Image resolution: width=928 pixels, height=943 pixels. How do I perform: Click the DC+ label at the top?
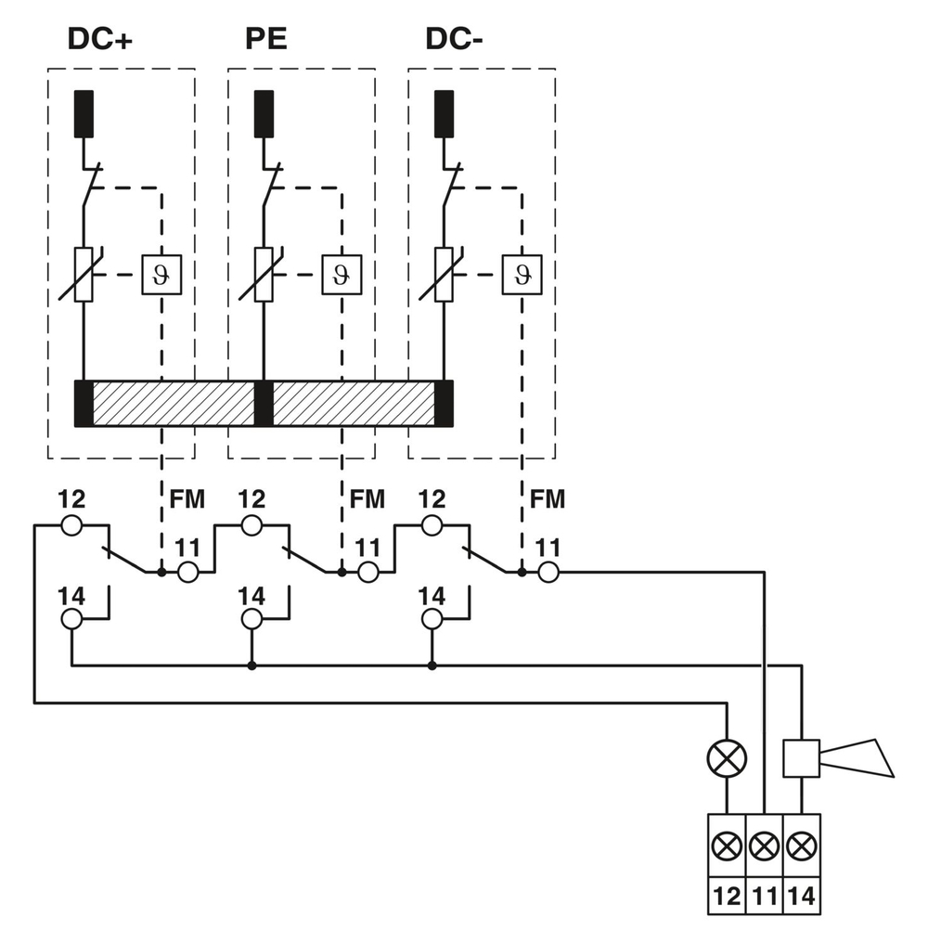pyautogui.click(x=99, y=39)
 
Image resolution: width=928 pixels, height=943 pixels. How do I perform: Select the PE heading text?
pyautogui.click(x=265, y=39)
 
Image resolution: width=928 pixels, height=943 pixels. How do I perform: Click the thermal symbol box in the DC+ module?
pyautogui.click(x=161, y=275)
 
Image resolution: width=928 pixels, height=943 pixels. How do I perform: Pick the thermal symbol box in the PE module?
pyautogui.click(x=342, y=275)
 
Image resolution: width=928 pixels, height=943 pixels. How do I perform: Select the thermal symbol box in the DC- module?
pyautogui.click(x=522, y=275)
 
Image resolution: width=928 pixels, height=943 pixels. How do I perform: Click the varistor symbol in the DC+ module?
pyautogui.click(x=84, y=275)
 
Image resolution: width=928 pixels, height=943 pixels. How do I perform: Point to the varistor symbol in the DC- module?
pyautogui.click(x=445, y=275)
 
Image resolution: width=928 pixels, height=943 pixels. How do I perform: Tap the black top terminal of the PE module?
pyautogui.click(x=264, y=114)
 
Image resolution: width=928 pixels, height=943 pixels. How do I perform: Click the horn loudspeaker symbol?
pyautogui.click(x=839, y=757)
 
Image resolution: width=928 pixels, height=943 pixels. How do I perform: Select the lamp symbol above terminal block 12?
pyautogui.click(x=726, y=758)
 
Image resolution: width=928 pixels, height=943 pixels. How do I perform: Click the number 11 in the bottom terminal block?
pyautogui.click(x=764, y=897)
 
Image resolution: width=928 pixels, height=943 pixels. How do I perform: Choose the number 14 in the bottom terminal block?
pyautogui.click(x=802, y=897)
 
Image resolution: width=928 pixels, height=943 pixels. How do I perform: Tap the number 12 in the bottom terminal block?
pyautogui.click(x=726, y=897)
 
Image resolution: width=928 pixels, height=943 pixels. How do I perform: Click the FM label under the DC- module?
pyautogui.click(x=548, y=499)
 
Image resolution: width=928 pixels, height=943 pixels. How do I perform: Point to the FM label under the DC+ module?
pyautogui.click(x=187, y=499)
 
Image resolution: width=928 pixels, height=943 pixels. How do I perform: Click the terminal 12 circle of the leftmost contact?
pyautogui.click(x=71, y=526)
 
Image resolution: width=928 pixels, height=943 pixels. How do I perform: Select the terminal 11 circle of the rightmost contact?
pyautogui.click(x=548, y=573)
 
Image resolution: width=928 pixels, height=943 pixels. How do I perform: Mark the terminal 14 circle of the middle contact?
pyautogui.click(x=251, y=619)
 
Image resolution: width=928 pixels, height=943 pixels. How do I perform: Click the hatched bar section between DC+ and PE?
pyautogui.click(x=174, y=404)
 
